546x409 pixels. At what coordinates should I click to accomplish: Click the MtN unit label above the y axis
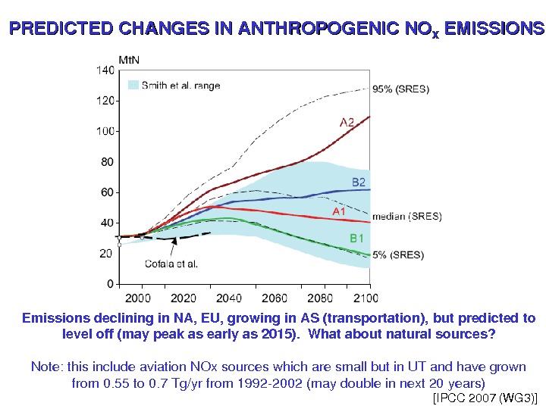[x=128, y=59]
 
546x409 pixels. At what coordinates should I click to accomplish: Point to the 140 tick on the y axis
[x=105, y=70]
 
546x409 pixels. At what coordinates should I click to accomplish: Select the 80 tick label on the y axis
[x=107, y=162]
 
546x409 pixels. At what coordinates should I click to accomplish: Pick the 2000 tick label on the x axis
[x=136, y=297]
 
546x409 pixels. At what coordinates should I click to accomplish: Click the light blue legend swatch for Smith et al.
[x=133, y=86]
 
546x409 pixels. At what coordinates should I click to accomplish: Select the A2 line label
[x=347, y=121]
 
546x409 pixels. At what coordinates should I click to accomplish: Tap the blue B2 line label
[x=359, y=182]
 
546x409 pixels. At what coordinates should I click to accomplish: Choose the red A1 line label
[x=337, y=211]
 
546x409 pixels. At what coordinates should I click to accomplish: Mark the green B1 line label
[x=357, y=238]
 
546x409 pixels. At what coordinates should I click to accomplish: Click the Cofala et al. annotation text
[x=171, y=264]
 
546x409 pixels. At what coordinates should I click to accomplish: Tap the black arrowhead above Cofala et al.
[x=175, y=241]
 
